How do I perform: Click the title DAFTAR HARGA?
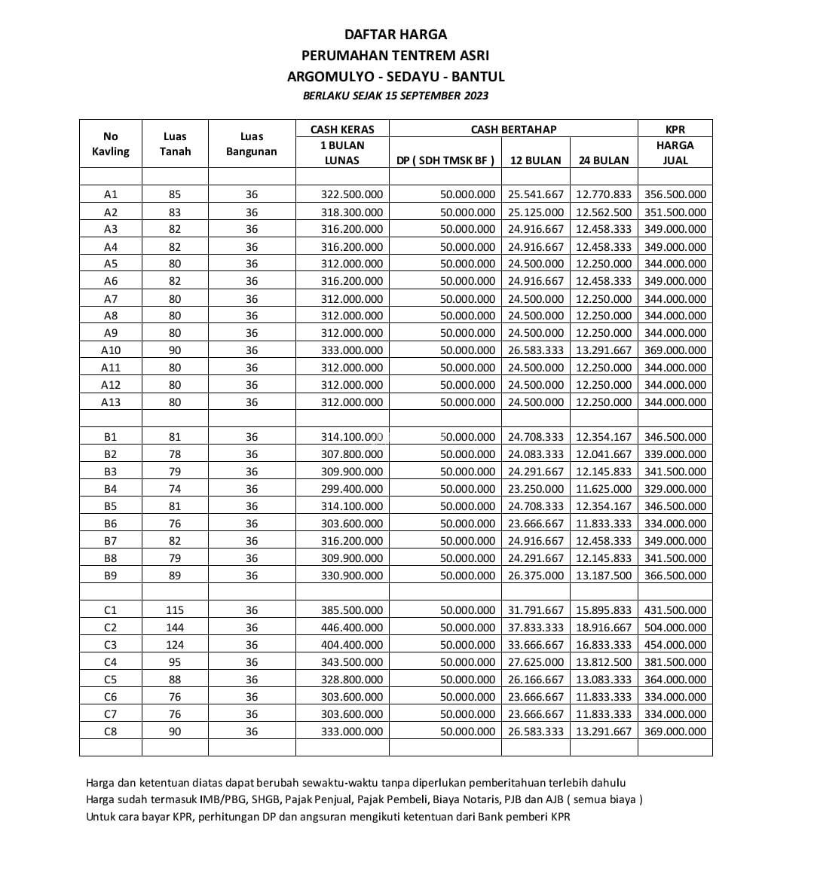pyautogui.click(x=396, y=34)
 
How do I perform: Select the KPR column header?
pyautogui.click(x=675, y=129)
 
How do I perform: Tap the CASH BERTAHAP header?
pyautogui.click(x=513, y=129)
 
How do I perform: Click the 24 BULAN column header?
pyautogui.click(x=604, y=160)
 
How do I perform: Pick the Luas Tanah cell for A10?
pyautogui.click(x=175, y=350)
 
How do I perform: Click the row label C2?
pyautogui.click(x=111, y=628)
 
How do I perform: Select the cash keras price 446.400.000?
pyautogui.click(x=352, y=628)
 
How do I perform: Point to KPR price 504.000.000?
pyautogui.click(x=675, y=628)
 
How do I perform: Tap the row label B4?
pyautogui.click(x=111, y=489)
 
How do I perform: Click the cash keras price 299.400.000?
pyautogui.click(x=352, y=489)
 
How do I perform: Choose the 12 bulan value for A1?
pyautogui.click(x=536, y=194)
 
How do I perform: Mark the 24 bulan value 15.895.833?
pyautogui.click(x=604, y=610)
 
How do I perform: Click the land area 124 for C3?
pyautogui.click(x=175, y=645)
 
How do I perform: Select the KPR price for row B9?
pyautogui.click(x=675, y=576)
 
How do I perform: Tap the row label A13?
pyautogui.click(x=111, y=402)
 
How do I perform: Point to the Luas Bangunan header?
pyautogui.click(x=252, y=144)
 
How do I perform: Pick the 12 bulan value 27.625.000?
pyautogui.click(x=536, y=662)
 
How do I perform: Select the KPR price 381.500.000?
pyautogui.click(x=675, y=662)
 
